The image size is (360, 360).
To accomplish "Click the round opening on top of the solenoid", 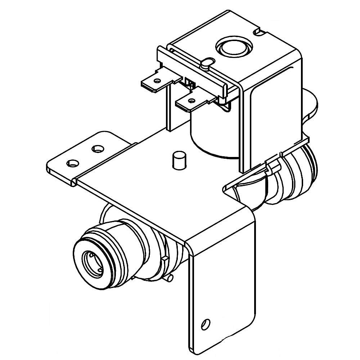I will pos(234,47).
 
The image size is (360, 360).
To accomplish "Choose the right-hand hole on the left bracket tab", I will pos(97,148).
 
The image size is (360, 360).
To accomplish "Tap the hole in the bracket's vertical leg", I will pos(205,323).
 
